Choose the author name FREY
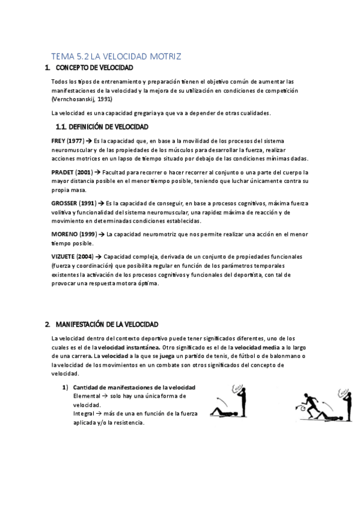[x=59, y=140]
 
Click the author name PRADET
[x=64, y=172]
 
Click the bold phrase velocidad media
[x=254, y=348]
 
